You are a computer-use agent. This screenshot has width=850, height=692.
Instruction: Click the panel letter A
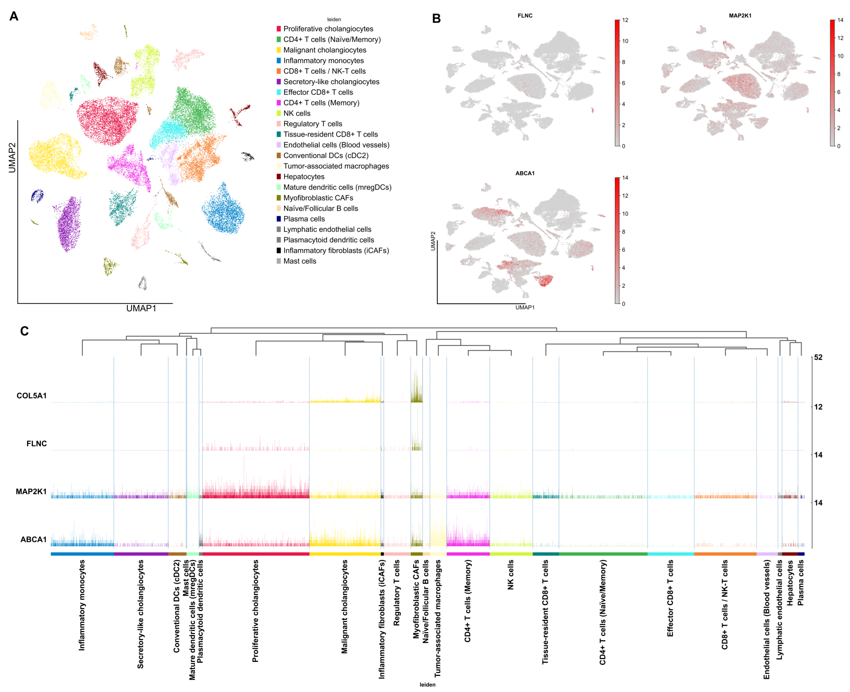pos(14,16)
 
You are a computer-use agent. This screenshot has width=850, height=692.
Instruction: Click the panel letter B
pos(436,18)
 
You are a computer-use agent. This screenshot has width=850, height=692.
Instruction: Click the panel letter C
pos(24,331)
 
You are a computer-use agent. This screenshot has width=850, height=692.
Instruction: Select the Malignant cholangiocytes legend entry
pos(324,50)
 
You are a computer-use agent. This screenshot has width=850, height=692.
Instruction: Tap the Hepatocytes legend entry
pos(304,177)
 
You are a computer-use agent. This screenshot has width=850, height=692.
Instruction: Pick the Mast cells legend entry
pos(300,261)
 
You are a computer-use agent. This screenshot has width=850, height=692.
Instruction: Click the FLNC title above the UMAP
pos(525,16)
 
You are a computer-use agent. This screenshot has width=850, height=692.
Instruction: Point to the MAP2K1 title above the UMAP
pos(740,16)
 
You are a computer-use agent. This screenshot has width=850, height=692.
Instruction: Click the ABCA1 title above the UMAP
pos(525,173)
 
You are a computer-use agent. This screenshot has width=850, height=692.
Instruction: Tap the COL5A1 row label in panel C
pos(32,396)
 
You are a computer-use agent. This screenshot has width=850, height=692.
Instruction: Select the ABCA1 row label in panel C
pos(33,539)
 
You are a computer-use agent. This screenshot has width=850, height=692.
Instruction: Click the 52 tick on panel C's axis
pos(818,357)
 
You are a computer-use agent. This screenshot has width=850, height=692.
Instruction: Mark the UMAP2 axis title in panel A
pos(12,158)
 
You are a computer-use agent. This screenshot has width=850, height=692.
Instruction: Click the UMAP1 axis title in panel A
pos(141,308)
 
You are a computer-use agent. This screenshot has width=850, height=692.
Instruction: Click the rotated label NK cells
pos(510,575)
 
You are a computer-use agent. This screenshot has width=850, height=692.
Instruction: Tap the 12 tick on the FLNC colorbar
pos(625,20)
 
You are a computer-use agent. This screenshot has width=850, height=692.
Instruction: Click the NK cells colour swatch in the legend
pos(279,113)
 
